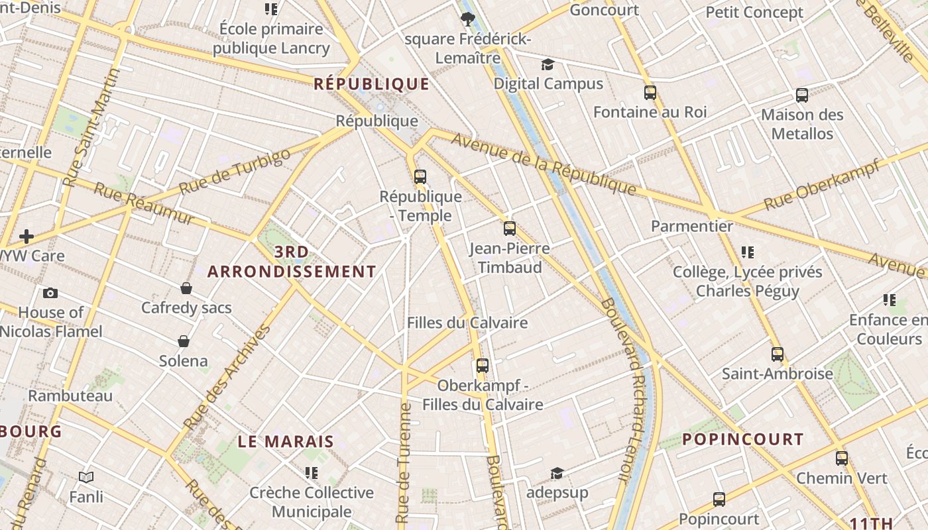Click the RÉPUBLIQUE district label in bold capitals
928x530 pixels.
click(x=371, y=84)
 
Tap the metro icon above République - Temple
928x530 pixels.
click(x=420, y=176)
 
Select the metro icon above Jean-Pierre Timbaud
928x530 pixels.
click(x=510, y=229)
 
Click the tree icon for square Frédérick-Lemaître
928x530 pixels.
click(x=467, y=19)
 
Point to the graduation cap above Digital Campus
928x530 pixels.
click(x=548, y=64)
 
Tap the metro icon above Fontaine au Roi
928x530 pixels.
click(x=650, y=93)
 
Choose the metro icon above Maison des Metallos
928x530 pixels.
click(x=802, y=95)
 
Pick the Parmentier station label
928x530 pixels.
click(x=692, y=226)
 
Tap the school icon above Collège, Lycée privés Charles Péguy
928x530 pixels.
click(x=748, y=252)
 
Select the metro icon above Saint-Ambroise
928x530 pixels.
click(x=778, y=354)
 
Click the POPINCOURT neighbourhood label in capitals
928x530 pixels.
click(x=742, y=439)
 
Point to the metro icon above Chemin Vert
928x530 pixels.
click(x=842, y=458)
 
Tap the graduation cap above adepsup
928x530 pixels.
click(x=557, y=474)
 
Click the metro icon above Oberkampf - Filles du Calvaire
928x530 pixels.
click(x=483, y=366)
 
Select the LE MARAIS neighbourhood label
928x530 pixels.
click(x=286, y=442)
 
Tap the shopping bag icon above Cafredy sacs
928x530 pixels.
click(x=186, y=288)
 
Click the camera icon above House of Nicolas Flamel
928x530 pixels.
click(x=50, y=293)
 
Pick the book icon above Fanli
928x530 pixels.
click(x=86, y=477)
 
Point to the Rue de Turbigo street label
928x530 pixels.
click(x=235, y=171)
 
